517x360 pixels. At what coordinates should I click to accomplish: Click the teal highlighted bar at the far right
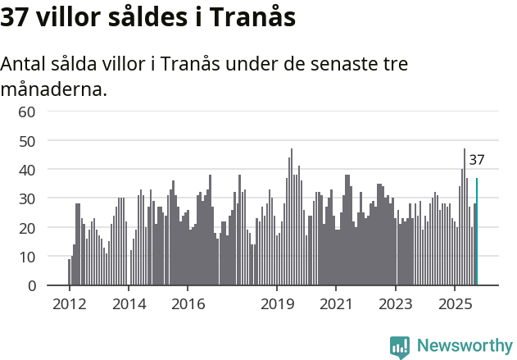pyautogui.click(x=477, y=232)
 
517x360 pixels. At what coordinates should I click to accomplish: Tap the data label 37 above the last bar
pyautogui.click(x=477, y=161)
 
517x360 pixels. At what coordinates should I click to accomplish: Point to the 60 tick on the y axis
pyautogui.click(x=27, y=112)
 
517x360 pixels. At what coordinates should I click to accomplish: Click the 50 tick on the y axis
pyautogui.click(x=27, y=141)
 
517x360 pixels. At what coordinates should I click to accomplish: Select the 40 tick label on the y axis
pyautogui.click(x=27, y=170)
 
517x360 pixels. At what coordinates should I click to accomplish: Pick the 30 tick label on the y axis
pyautogui.click(x=27, y=199)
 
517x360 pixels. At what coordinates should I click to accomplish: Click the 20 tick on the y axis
pyautogui.click(x=27, y=228)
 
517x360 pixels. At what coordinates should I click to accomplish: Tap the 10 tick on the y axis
pyautogui.click(x=27, y=257)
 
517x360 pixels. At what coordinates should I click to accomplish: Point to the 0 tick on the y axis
pyautogui.click(x=31, y=286)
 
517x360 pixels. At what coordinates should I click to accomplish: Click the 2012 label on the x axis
pyautogui.click(x=69, y=304)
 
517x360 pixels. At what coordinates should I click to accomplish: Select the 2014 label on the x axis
pyautogui.click(x=129, y=304)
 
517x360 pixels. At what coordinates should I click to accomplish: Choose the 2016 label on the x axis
pyautogui.click(x=188, y=304)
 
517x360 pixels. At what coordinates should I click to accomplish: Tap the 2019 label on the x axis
pyautogui.click(x=277, y=304)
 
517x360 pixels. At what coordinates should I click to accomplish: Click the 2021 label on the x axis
pyautogui.click(x=336, y=304)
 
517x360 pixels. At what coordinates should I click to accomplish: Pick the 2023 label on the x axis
pyautogui.click(x=396, y=304)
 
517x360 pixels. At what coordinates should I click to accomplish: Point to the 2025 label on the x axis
pyautogui.click(x=455, y=304)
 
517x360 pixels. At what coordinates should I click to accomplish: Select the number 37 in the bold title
pyautogui.click(x=16, y=17)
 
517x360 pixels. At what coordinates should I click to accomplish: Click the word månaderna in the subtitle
pyautogui.click(x=53, y=89)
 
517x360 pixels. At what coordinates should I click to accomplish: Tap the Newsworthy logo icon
pyautogui.click(x=400, y=347)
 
